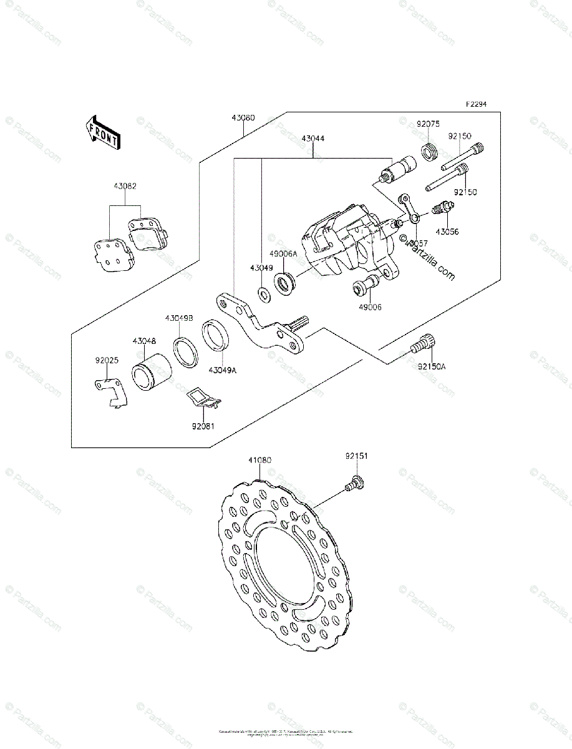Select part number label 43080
click(x=243, y=117)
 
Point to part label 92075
click(x=428, y=124)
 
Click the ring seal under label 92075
click(x=429, y=152)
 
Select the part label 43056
click(x=447, y=231)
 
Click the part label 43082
click(x=125, y=186)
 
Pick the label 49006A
click(x=283, y=254)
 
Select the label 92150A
click(x=432, y=366)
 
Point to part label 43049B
click(x=179, y=318)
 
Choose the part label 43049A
click(x=223, y=370)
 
